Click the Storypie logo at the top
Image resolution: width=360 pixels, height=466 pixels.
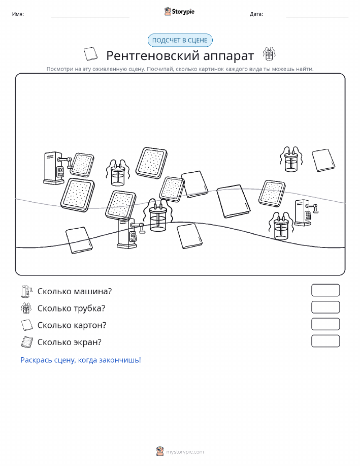tap(179, 12)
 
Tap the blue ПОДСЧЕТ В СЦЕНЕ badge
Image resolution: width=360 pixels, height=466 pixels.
tap(180, 41)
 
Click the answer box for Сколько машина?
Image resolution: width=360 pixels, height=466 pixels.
tap(325, 290)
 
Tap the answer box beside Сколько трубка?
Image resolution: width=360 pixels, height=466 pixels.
tap(325, 307)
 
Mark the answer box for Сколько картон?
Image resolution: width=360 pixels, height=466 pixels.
tap(325, 324)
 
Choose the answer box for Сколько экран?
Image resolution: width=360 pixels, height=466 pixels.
tap(325, 341)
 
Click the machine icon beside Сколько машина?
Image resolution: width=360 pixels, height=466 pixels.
tap(27, 292)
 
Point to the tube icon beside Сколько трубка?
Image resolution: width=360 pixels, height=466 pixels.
tap(26, 308)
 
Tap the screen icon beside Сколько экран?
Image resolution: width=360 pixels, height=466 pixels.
tap(27, 342)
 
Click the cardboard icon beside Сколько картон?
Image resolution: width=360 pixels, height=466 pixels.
tap(27, 325)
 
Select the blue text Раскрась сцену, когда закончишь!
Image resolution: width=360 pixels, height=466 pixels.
tap(81, 360)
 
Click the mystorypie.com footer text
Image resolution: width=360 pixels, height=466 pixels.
tap(185, 452)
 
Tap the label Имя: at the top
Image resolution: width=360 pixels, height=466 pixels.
tap(18, 14)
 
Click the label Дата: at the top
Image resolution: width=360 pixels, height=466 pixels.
tap(256, 14)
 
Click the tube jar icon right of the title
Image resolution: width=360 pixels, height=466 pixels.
tap(269, 54)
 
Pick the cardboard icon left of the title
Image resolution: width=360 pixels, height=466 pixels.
tap(90, 54)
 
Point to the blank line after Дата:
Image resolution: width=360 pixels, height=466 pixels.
tap(317, 17)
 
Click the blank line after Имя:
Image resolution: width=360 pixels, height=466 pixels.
tap(90, 17)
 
